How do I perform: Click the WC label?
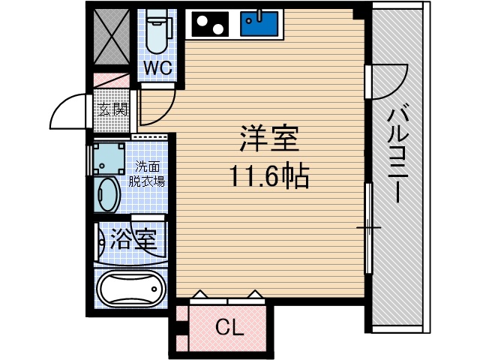point(158,68)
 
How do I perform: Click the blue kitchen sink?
point(259,24)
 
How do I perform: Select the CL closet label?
point(230,327)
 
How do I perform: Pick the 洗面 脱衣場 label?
point(147,173)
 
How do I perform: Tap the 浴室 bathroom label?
point(133,241)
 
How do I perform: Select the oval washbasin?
point(107,196)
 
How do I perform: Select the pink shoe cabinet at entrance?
point(112,80)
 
